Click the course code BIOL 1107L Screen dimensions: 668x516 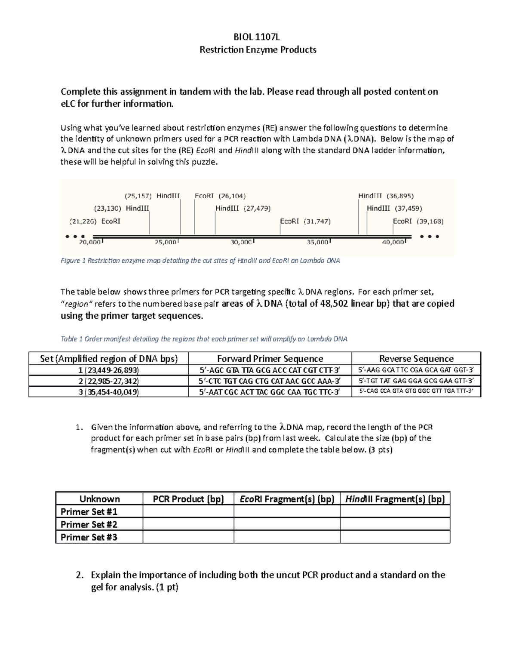click(258, 37)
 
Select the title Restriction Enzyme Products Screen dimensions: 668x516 click(258, 50)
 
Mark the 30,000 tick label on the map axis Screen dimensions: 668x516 click(241, 242)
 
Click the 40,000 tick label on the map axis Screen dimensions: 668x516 click(393, 242)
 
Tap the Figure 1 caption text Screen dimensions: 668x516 click(200, 261)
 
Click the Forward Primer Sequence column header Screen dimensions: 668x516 click(270, 359)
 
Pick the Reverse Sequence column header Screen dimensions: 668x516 click(416, 359)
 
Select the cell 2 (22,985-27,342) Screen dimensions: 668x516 click(108, 381)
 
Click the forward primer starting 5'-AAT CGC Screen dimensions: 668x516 click(270, 391)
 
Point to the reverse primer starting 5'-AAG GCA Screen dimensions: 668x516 click(416, 370)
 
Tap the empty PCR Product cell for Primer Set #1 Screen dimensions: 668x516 click(188, 511)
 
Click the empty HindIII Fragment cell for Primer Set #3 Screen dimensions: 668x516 click(395, 537)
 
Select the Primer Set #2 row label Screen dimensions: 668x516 click(89, 524)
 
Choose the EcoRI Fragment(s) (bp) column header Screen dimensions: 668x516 click(287, 499)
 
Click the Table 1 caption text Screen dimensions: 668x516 click(204, 339)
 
